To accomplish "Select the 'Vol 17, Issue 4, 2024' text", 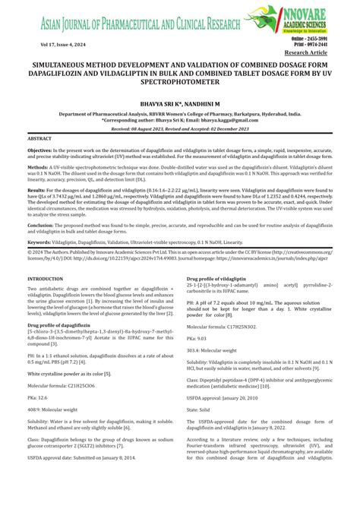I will [x=62, y=47].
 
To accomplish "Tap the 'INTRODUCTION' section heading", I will [x=45, y=300].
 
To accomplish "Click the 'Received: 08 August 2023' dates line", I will [x=180, y=129].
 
